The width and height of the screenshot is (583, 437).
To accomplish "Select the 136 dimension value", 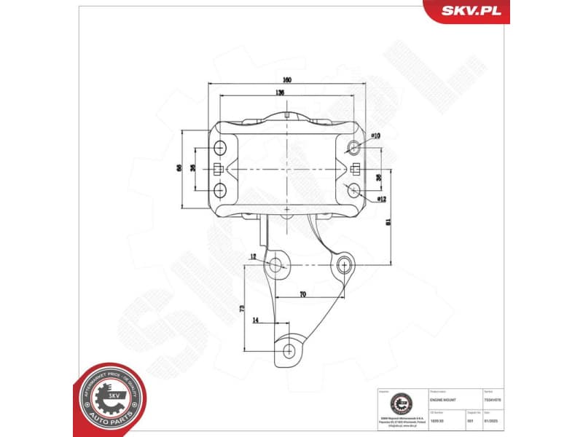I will tap(280, 93).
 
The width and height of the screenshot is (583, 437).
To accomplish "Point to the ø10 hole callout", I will tap(375, 135).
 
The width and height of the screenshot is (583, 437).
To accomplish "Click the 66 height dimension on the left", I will tap(179, 168).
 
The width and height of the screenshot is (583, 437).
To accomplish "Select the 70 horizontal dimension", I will tap(301, 294).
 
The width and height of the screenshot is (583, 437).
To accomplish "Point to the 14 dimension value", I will tap(255, 320).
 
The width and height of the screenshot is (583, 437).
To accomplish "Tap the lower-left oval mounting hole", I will tap(221, 190).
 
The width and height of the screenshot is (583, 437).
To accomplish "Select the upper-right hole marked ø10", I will tap(354, 148).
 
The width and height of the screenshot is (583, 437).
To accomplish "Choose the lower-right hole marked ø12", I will tap(354, 191).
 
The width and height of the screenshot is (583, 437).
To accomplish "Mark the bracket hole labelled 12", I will tap(277, 265).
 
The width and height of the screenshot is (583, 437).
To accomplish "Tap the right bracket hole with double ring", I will tap(343, 264).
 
